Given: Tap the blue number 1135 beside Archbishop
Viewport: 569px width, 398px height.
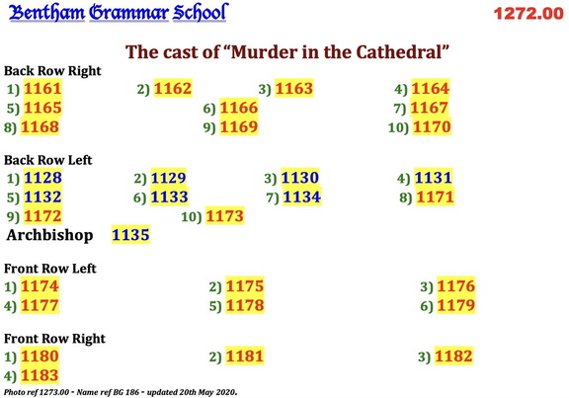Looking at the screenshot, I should coord(130,236).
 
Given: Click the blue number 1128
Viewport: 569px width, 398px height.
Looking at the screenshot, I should coord(42,178).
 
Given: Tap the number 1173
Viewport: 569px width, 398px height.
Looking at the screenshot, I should coord(224,215).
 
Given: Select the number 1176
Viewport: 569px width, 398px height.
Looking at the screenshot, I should coord(456,286).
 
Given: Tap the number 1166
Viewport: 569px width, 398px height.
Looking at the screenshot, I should coord(238,108).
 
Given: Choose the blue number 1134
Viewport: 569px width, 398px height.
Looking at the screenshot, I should coord(301,197).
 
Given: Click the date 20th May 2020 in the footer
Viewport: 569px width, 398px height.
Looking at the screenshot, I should coord(204,392).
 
